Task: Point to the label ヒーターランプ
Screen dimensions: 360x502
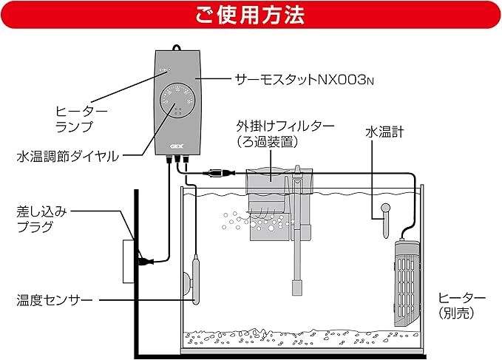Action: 81,118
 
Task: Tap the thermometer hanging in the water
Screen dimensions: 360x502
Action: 384,220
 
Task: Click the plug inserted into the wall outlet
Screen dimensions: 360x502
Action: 146,260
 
